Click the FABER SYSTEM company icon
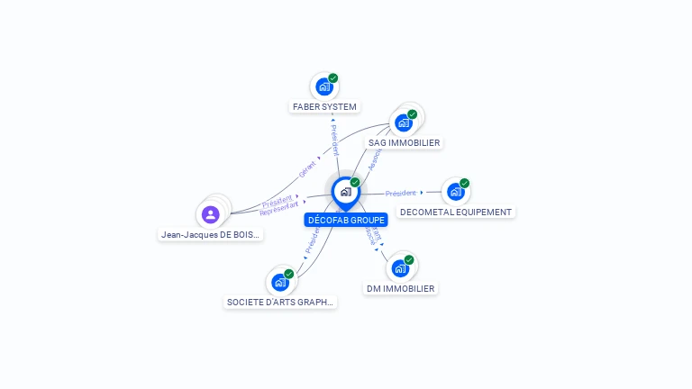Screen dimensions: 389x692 point(324,87)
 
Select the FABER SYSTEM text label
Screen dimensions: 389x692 point(324,107)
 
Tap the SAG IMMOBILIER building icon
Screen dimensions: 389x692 point(403,122)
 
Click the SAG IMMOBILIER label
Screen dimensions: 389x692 point(404,142)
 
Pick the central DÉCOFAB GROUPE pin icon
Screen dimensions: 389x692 point(345,192)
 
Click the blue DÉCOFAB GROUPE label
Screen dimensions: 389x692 point(346,220)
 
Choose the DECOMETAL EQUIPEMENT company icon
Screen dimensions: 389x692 point(455,191)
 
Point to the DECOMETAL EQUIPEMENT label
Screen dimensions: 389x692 point(456,213)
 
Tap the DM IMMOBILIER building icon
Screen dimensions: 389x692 point(400,267)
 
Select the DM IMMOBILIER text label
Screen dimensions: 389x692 point(400,289)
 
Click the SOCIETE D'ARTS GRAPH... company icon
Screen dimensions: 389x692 point(280,282)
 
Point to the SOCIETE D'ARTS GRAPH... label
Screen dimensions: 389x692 point(280,303)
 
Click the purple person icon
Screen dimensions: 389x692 point(210,214)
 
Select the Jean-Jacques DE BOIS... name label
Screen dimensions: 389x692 point(211,235)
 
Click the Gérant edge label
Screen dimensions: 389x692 point(307,167)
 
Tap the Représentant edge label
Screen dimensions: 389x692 point(278,209)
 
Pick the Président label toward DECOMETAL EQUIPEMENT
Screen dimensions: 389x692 point(400,193)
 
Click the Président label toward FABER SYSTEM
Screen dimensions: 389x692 point(335,140)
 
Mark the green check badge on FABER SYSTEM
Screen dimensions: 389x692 point(333,78)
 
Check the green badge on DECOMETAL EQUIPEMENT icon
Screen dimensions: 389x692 point(464,183)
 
